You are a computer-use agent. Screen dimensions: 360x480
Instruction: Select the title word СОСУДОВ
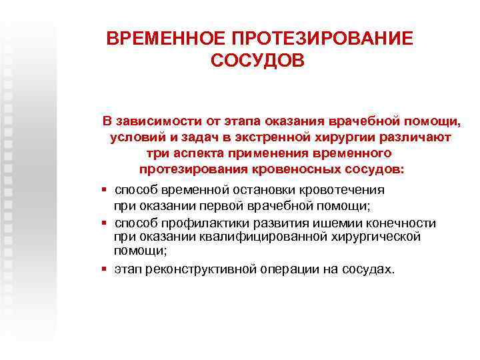(257, 61)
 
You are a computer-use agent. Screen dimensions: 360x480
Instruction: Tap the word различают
(416, 138)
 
